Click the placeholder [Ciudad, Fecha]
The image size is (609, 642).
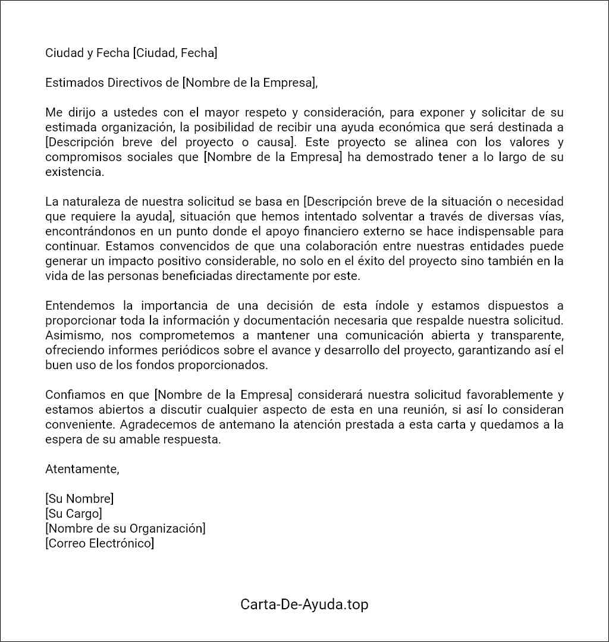(175, 53)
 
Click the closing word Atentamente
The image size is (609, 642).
(82, 469)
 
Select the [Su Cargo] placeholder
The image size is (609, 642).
(73, 514)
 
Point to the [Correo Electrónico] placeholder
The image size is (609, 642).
(99, 543)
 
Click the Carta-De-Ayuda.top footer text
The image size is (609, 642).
(304, 605)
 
